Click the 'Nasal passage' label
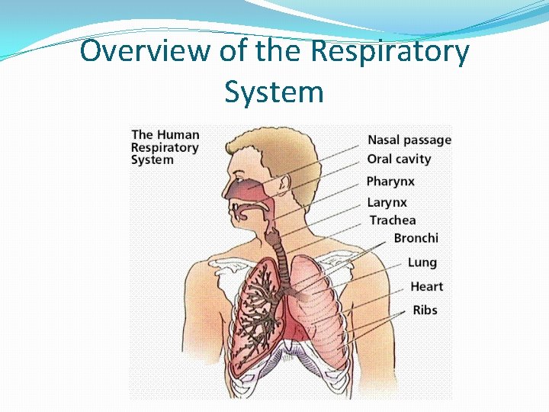coord(409,140)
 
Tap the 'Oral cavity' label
coord(399,159)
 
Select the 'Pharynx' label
coord(390,182)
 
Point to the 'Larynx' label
coord(387,202)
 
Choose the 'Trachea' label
coord(393,220)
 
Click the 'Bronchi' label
coord(416,238)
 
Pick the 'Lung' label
coord(422,262)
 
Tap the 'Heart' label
coord(426,287)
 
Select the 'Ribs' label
coord(425,310)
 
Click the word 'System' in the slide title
coord(274,92)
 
